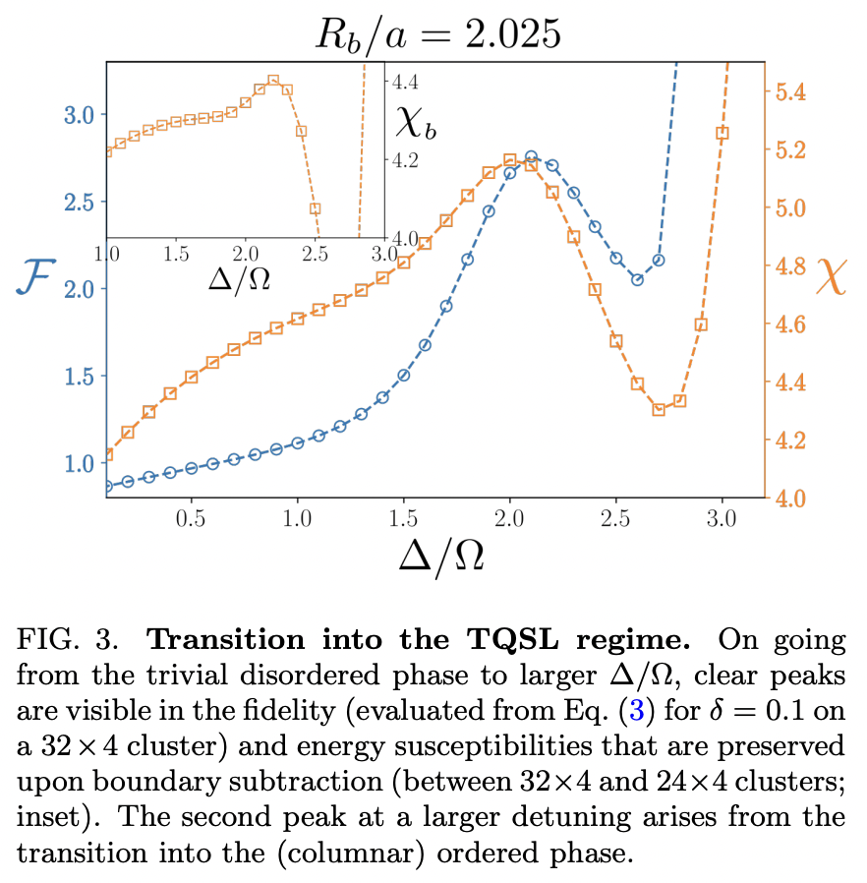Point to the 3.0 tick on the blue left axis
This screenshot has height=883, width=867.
[79, 114]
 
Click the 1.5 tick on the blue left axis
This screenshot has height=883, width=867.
[79, 377]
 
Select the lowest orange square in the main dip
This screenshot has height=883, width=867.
[659, 410]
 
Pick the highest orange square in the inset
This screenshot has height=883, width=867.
[273, 82]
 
